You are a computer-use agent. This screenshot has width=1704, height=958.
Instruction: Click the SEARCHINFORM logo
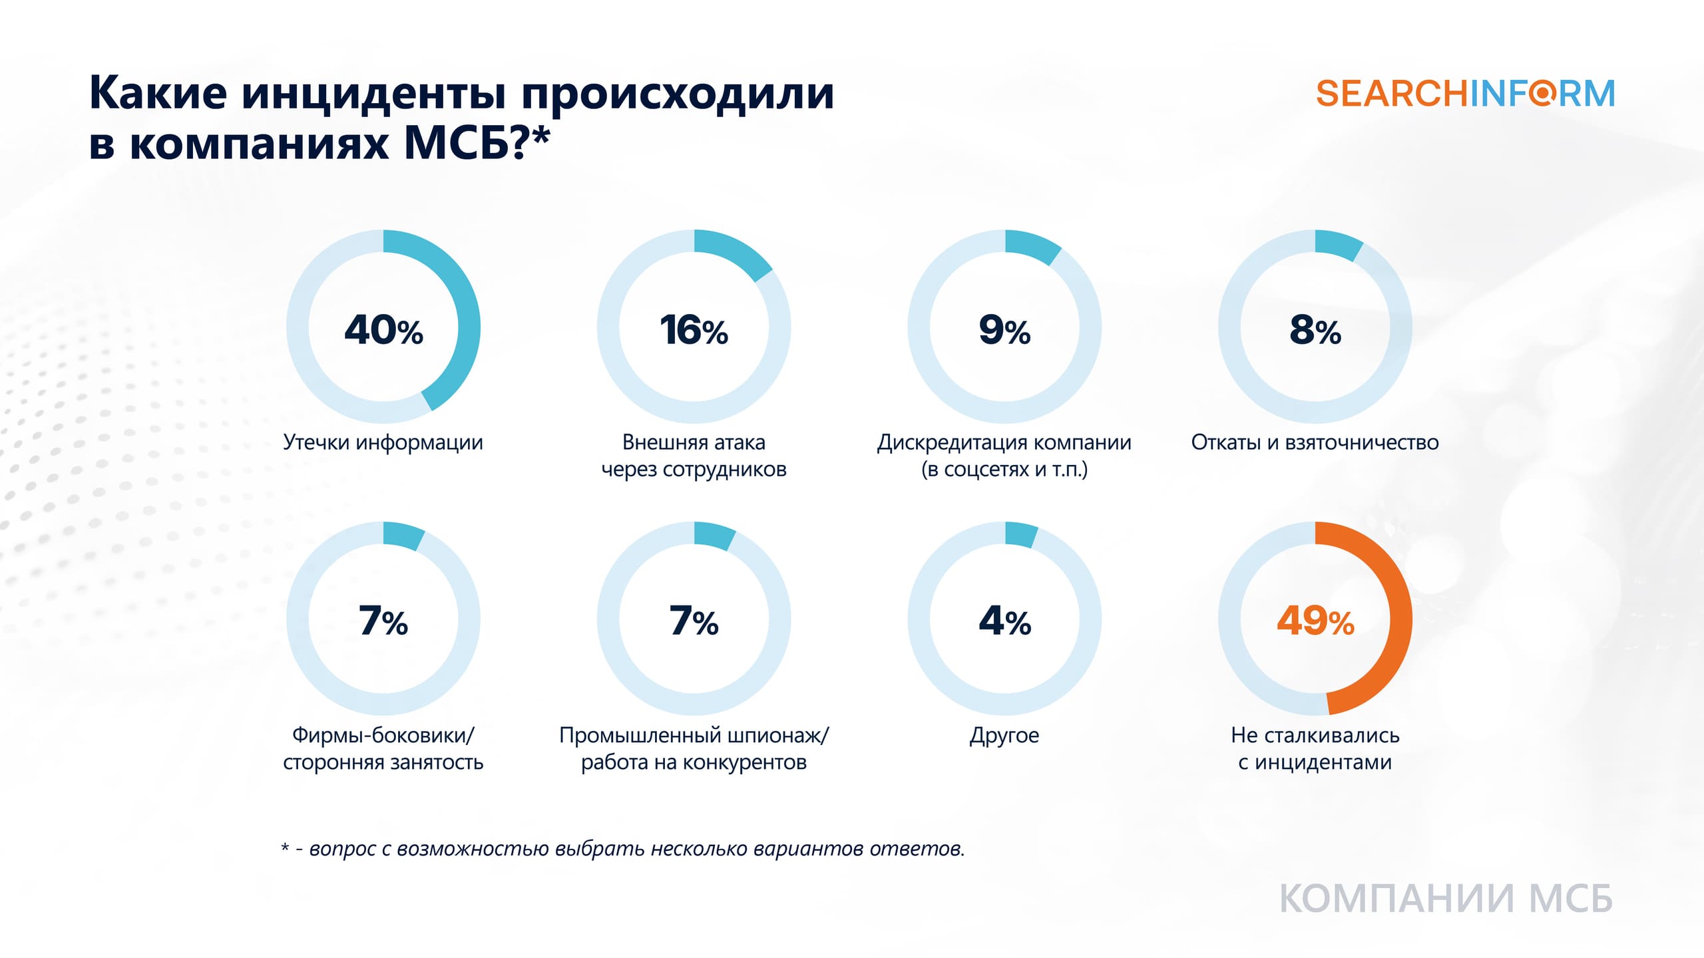(x=1465, y=94)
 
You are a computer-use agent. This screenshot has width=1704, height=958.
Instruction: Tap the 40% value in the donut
(x=383, y=330)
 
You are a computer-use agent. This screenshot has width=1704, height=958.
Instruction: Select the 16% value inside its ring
(x=694, y=330)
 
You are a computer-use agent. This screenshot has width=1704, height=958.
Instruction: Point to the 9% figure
(x=1004, y=330)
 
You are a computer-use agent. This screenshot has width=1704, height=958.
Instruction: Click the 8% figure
(x=1315, y=330)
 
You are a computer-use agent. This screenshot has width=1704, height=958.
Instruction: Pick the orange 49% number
(x=1315, y=621)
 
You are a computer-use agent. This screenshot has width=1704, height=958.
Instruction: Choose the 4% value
(x=1004, y=621)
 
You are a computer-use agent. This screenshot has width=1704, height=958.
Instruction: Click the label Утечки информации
(x=383, y=442)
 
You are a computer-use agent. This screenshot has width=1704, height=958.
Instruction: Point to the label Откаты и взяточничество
(x=1315, y=442)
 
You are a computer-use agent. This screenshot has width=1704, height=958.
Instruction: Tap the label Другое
(x=1004, y=735)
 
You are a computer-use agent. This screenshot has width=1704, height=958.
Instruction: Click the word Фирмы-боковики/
(x=383, y=735)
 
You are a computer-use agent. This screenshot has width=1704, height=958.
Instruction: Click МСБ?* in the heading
(x=477, y=143)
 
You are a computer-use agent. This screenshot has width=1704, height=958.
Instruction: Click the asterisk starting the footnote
(x=286, y=848)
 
